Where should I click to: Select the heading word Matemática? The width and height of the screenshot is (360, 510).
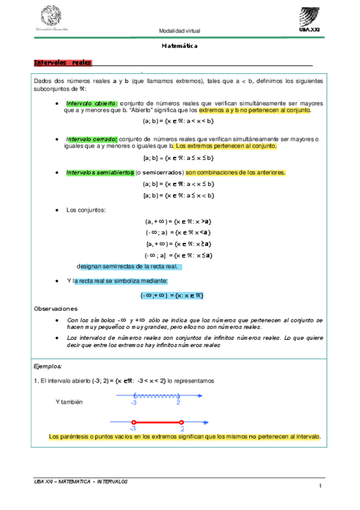coord(180,46)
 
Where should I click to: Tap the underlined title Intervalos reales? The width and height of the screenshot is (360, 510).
coord(63,63)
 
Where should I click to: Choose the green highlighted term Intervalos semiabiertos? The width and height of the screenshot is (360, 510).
coord(100,173)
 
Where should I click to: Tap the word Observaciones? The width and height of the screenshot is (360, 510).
coord(55,308)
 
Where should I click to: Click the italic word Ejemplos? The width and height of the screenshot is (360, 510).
coord(48,366)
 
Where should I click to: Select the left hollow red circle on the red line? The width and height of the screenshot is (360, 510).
coord(134,422)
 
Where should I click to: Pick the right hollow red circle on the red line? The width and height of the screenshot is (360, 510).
coord(181,422)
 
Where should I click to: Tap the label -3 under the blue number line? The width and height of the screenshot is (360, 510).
coord(133,402)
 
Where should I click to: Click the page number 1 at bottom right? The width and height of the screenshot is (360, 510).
coord(321,486)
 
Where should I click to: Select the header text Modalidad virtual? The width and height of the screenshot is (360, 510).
coord(179,30)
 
